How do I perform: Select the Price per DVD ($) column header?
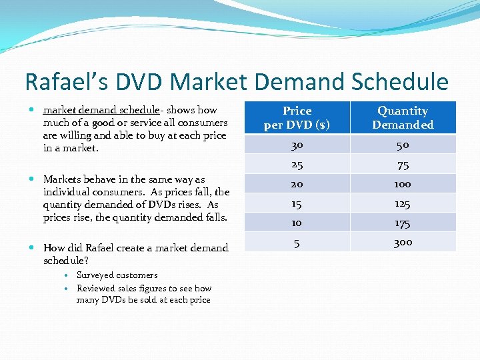pos(297,118)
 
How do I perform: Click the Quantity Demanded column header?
pos(403,118)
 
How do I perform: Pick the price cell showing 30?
pos(297,145)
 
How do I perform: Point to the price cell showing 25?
pos(297,165)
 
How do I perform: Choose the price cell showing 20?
pos(297,184)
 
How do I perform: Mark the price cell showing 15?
pos(297,203)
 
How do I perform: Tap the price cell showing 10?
pos(297,223)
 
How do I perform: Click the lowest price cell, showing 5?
pos(297,243)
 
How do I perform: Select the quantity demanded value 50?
pos(403,145)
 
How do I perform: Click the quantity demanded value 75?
pos(403,165)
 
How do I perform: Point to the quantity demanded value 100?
pos(403,184)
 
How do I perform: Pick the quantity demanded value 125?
pos(403,203)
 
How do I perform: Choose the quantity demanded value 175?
pos(403,223)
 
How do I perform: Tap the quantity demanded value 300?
pos(403,243)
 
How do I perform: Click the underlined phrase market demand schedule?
pos(103,110)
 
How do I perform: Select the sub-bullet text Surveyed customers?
pos(117,275)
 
